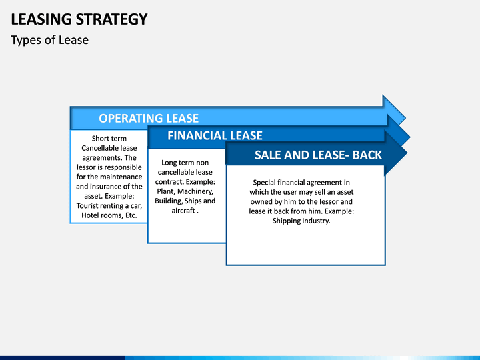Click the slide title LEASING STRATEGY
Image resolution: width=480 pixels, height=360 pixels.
coord(79,19)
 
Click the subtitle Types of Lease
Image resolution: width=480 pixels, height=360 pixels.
coord(49,40)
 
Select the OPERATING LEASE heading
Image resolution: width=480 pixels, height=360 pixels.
coord(149,119)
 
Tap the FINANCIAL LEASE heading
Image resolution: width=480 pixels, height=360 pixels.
coord(215,136)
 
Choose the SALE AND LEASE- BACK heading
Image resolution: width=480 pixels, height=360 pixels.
coord(318,155)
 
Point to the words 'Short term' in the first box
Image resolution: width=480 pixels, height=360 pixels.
coord(109,139)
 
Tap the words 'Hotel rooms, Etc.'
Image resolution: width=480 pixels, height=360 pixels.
coord(109,215)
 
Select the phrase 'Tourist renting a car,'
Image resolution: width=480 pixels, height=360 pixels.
coord(109,205)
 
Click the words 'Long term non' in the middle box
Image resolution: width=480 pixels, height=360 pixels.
coord(185,163)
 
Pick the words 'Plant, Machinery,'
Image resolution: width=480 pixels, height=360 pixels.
coord(185,191)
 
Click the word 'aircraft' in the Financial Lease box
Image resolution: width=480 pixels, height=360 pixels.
coord(182,211)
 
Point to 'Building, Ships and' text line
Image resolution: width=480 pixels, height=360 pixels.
coord(185,201)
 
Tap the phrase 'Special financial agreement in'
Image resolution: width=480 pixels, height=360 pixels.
coord(301,182)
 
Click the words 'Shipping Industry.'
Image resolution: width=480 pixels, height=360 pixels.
coord(301,221)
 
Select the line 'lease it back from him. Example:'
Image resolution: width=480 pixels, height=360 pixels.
coord(301,211)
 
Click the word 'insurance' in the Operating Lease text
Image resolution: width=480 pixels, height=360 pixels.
coord(106,187)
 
